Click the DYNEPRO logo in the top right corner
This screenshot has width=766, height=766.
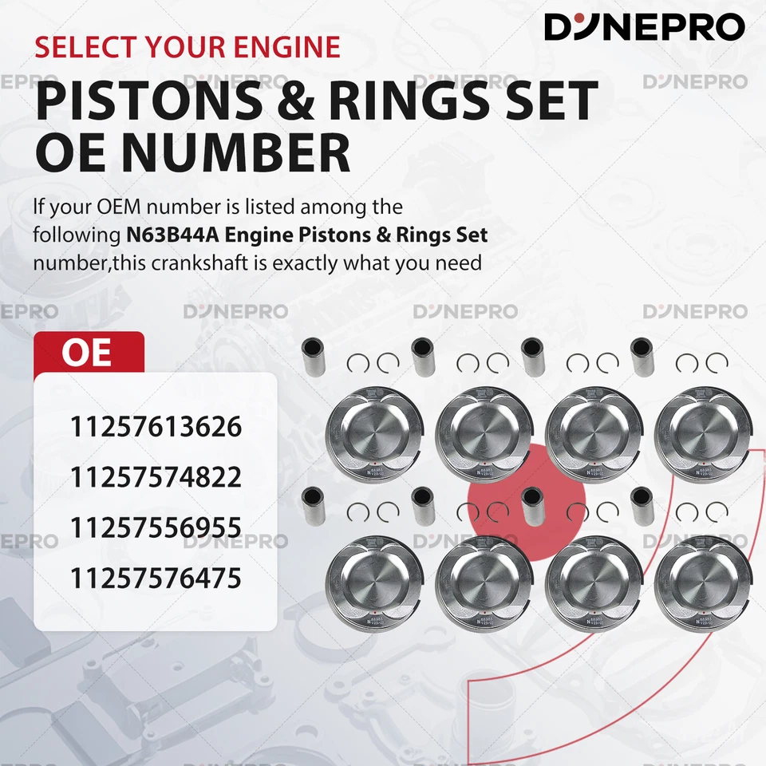pos(645,27)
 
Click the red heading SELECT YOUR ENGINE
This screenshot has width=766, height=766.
pos(188,46)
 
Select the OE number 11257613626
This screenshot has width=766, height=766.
pos(156,427)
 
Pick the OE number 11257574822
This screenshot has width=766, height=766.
pos(156,477)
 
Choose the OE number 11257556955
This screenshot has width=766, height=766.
pos(156,527)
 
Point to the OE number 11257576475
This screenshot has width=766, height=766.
pos(156,578)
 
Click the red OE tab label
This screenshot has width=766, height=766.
pos(88,353)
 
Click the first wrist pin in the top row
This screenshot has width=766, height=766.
pos(313,356)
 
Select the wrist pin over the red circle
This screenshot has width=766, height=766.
pos(532,506)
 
